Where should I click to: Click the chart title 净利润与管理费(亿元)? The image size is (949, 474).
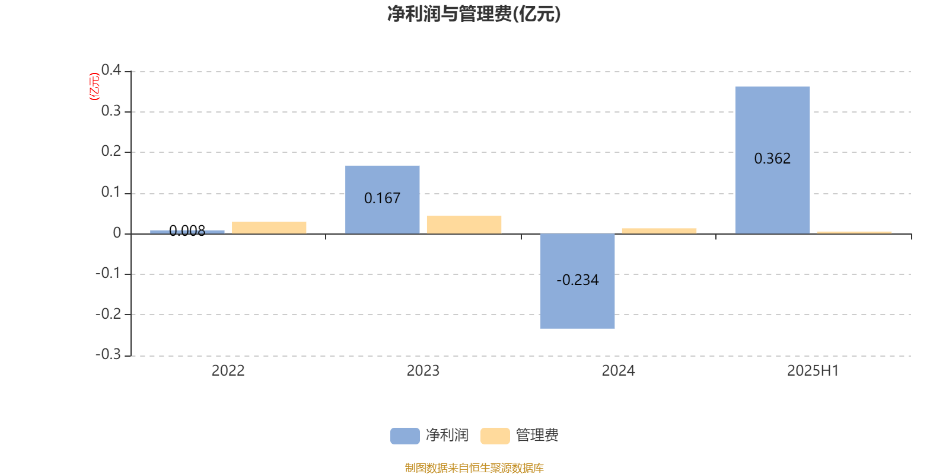click(474, 14)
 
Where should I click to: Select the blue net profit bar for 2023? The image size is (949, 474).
click(382, 200)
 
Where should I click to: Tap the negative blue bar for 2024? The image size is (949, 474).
click(578, 281)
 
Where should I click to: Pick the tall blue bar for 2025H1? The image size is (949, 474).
click(772, 161)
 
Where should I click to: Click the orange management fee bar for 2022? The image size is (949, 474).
click(269, 228)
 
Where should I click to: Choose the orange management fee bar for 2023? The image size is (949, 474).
click(464, 225)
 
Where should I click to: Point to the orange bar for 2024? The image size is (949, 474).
click(659, 231)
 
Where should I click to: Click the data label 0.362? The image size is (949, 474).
click(772, 159)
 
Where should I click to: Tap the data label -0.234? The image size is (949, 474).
click(578, 280)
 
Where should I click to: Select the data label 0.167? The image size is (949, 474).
click(382, 198)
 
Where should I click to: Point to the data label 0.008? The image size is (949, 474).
click(187, 230)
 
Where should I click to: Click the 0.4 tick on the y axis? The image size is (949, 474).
click(111, 70)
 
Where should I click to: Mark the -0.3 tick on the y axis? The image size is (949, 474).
click(108, 354)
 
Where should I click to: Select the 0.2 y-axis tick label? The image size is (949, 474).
click(111, 151)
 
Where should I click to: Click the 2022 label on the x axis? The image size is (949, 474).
click(228, 371)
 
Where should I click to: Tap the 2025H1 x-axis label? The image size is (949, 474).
click(813, 371)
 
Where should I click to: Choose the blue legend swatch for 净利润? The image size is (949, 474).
click(405, 436)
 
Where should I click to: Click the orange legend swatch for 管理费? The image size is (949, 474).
click(495, 436)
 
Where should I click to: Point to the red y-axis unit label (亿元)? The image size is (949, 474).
click(94, 87)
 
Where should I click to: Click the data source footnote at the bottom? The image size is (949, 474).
click(474, 467)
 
